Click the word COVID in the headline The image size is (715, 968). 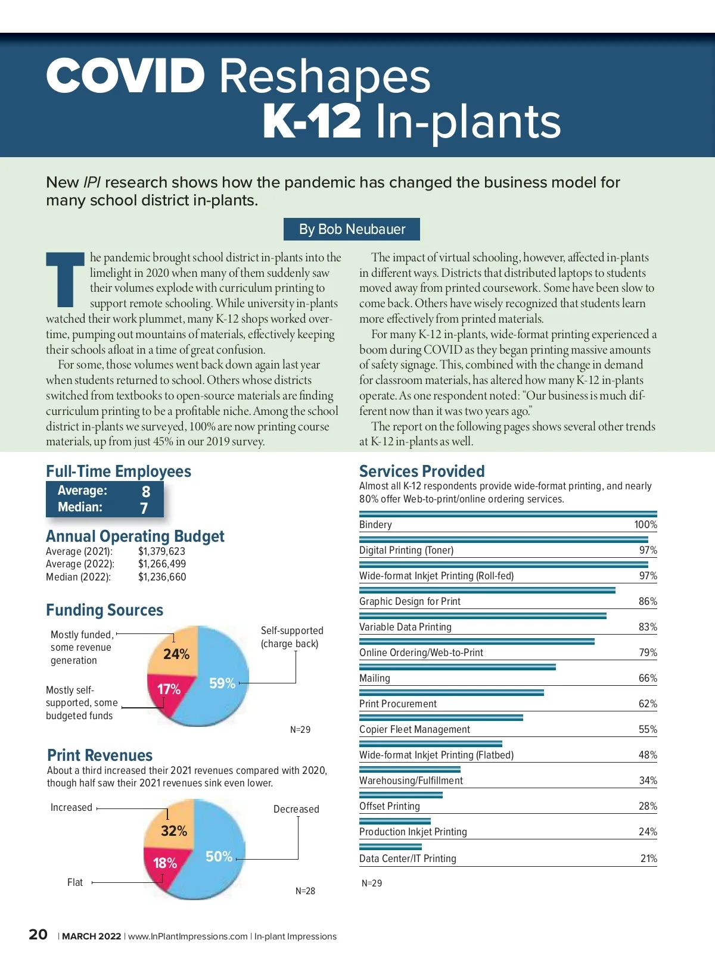click(126, 76)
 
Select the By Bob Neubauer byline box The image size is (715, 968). click(352, 229)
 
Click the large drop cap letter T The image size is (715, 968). click(66, 279)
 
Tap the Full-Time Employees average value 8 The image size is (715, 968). click(146, 491)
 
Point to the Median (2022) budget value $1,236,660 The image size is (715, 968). click(162, 577)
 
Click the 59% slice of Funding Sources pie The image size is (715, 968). click(223, 679)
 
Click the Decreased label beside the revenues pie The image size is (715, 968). click(296, 809)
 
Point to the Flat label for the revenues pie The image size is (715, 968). click(75, 882)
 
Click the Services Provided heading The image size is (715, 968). click(422, 471)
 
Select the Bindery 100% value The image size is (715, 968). click(645, 524)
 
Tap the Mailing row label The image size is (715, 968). click(375, 678)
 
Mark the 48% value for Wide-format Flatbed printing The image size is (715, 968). click(648, 755)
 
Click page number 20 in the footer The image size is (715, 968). click(38, 935)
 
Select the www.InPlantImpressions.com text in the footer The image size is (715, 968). click(188, 936)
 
